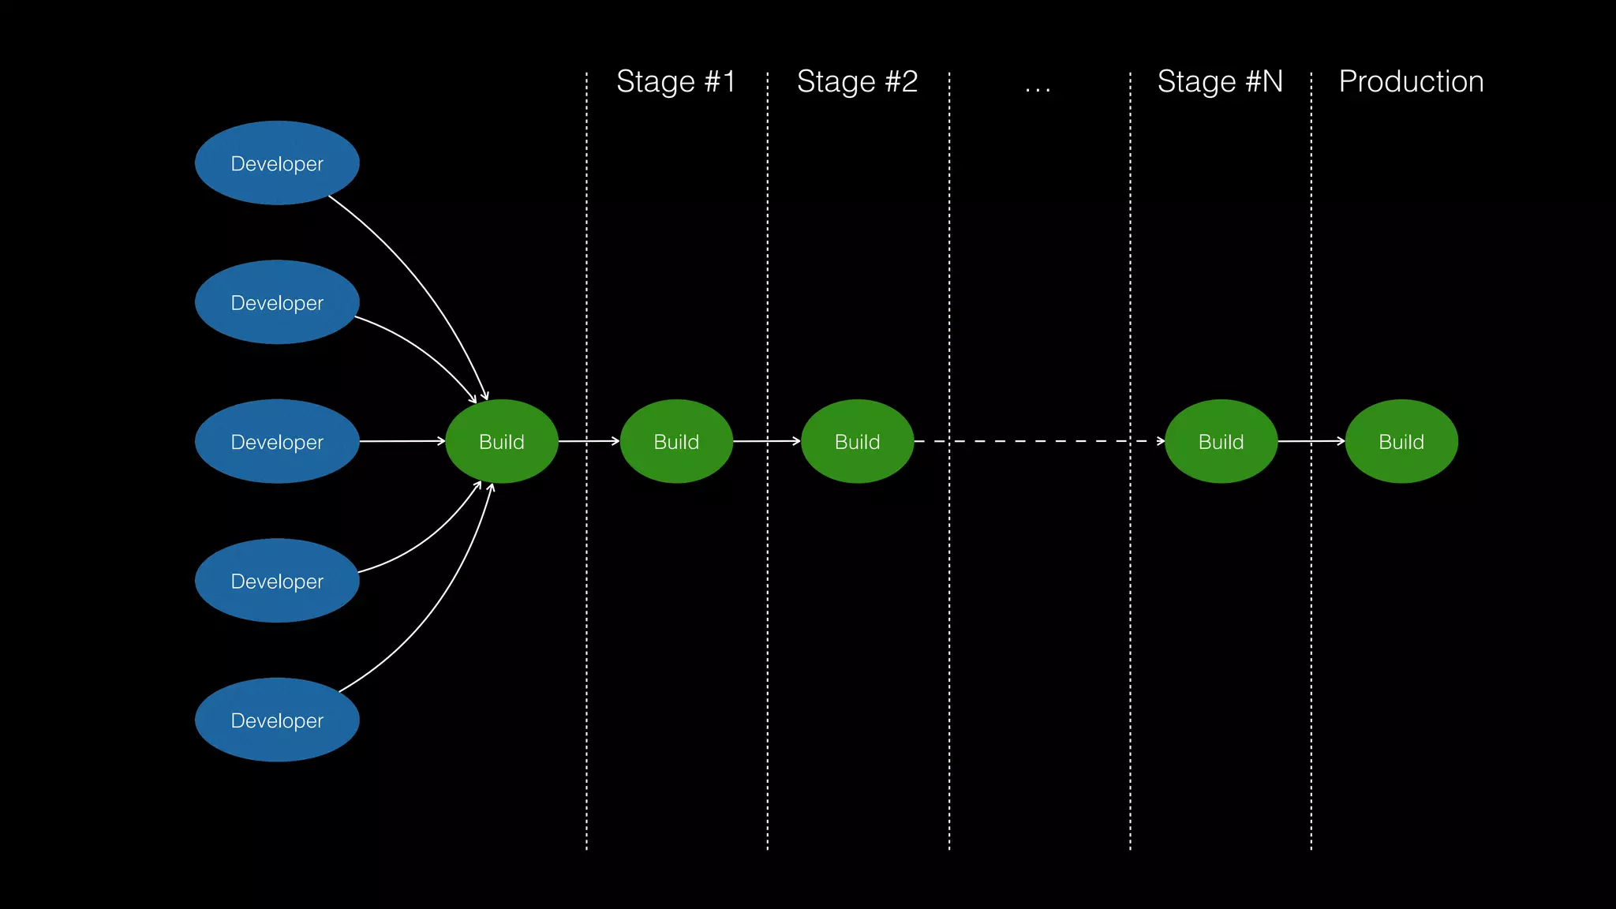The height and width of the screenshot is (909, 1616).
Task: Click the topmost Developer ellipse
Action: (x=277, y=163)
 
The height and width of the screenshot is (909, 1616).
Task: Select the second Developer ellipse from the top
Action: (x=277, y=302)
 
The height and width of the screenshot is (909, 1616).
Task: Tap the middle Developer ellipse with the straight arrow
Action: (x=277, y=442)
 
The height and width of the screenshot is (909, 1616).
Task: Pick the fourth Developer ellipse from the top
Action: (x=277, y=581)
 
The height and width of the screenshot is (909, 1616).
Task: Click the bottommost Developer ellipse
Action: (x=277, y=720)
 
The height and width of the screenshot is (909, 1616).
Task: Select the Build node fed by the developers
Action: (x=502, y=442)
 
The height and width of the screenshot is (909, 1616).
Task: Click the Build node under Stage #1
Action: (x=676, y=442)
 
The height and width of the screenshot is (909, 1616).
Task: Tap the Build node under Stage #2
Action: (x=857, y=442)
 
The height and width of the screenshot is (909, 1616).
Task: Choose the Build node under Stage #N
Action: (x=1221, y=442)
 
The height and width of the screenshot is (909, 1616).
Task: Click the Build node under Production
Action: (x=1401, y=442)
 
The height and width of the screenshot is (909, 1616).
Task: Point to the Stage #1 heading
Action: (x=675, y=82)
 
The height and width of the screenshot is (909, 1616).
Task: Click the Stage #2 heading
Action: (x=857, y=82)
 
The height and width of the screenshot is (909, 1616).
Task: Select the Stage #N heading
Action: (x=1220, y=82)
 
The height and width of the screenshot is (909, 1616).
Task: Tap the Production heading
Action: (x=1411, y=82)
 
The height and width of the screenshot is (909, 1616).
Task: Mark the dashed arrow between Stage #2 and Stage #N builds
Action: (x=1038, y=441)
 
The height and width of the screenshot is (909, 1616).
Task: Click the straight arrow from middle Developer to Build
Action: (x=402, y=441)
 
